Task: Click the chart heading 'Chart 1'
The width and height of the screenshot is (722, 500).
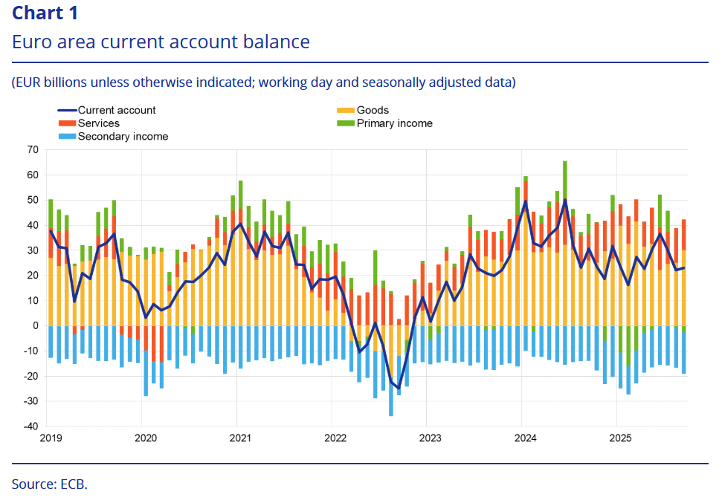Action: (x=45, y=13)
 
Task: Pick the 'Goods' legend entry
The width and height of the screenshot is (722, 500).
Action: (x=373, y=110)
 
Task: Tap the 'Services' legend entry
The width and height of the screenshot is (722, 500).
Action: (x=99, y=123)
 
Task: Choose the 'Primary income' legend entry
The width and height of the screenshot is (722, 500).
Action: (x=394, y=123)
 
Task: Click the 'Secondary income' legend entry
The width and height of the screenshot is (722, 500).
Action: (x=123, y=137)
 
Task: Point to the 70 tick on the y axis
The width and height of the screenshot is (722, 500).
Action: (x=32, y=149)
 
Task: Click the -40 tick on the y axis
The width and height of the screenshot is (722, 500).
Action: (x=30, y=426)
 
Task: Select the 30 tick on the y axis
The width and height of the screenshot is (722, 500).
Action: (x=32, y=250)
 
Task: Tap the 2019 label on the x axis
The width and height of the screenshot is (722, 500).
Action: (x=50, y=438)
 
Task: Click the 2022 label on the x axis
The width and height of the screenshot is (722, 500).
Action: (x=334, y=438)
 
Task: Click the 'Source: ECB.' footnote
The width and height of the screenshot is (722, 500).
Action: (x=49, y=484)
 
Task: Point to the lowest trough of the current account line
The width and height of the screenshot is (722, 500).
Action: (x=399, y=388)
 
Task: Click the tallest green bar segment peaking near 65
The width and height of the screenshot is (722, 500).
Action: (x=565, y=178)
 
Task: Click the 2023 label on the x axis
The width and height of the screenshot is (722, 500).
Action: (x=429, y=438)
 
